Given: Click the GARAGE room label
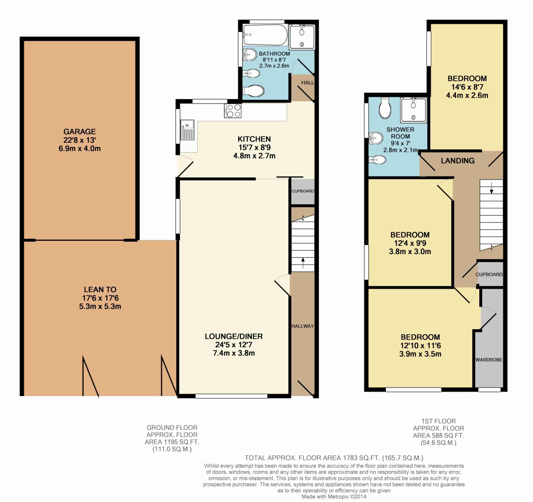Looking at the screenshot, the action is click(80, 132).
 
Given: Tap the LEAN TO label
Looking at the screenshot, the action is click(100, 289).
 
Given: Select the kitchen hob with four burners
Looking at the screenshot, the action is click(233, 111).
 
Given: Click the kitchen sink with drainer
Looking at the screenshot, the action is click(187, 130).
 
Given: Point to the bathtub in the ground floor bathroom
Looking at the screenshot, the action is click(265, 35).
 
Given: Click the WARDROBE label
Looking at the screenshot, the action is click(489, 360).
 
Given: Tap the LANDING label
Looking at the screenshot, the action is click(458, 161).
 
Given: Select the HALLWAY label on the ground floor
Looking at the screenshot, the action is click(302, 326).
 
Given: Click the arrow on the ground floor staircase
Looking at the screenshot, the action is click(303, 263).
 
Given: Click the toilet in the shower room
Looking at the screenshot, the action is click(385, 107).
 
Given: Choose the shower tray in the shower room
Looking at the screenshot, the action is click(413, 110).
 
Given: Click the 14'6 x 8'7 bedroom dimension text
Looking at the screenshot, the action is click(467, 87).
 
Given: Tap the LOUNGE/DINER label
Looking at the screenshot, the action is click(234, 336).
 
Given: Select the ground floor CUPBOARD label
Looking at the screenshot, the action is click(303, 191).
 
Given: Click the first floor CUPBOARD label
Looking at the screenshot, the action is click(489, 274).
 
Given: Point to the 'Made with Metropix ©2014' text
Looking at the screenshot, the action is click(334, 497).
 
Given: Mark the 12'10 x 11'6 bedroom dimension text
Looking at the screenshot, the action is click(420, 346).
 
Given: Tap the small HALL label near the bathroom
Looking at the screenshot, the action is click(308, 82).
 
